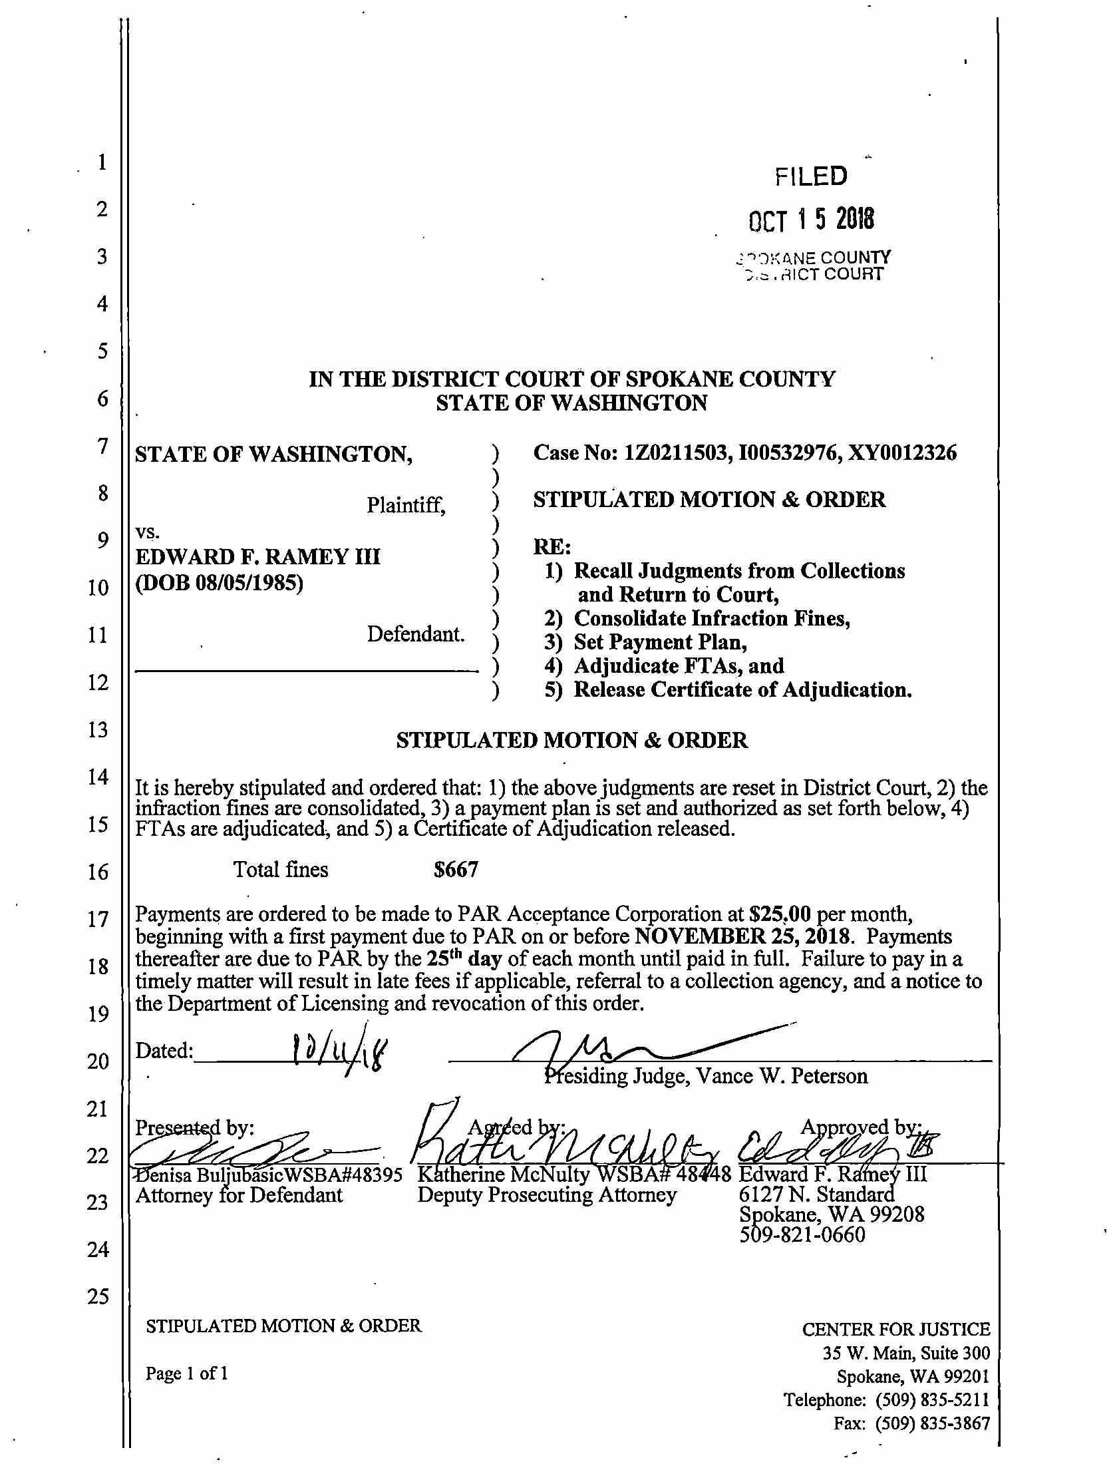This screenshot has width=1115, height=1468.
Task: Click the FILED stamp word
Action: (811, 176)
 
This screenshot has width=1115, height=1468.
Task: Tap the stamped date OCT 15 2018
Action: (811, 220)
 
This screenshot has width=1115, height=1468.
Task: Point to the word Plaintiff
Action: (405, 506)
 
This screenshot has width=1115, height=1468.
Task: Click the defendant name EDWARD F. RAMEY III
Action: (257, 556)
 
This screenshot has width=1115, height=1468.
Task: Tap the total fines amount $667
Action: (456, 870)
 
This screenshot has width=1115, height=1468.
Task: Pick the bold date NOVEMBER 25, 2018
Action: (742, 937)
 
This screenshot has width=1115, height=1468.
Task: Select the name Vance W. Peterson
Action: (781, 1077)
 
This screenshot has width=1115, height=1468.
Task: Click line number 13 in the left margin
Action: (98, 730)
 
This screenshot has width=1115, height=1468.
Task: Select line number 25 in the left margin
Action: (98, 1296)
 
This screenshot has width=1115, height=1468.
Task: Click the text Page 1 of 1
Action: (187, 1374)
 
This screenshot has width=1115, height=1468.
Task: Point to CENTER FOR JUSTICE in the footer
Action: (895, 1330)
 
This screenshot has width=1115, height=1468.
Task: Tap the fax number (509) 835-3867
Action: (932, 1423)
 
